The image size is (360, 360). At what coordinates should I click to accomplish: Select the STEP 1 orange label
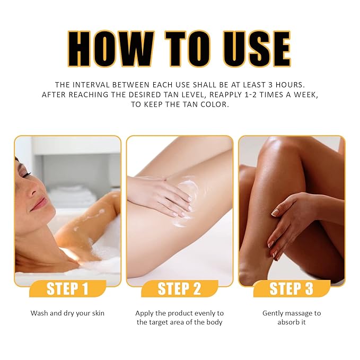[x=67, y=289]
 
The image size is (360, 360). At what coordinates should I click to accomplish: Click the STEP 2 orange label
[x=179, y=289]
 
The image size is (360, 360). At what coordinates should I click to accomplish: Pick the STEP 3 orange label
[x=291, y=289]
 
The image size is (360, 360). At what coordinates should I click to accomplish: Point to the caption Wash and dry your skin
[x=67, y=313]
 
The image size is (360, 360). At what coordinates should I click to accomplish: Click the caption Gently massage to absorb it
[x=291, y=317]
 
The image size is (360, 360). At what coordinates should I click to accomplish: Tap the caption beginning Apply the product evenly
[x=179, y=317]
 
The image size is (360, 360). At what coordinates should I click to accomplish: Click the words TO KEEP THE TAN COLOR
[x=180, y=104]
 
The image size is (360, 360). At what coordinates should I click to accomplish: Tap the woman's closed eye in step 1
[x=25, y=173]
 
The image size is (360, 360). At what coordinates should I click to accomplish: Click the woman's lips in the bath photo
[x=39, y=204]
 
